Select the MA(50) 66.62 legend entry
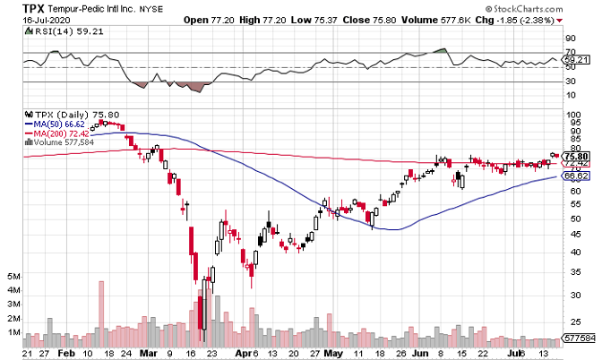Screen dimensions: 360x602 coord(61,124)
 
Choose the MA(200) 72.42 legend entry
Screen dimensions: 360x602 coord(63,133)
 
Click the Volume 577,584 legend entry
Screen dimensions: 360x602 coord(64,141)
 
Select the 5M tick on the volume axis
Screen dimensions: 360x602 coord(13,278)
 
